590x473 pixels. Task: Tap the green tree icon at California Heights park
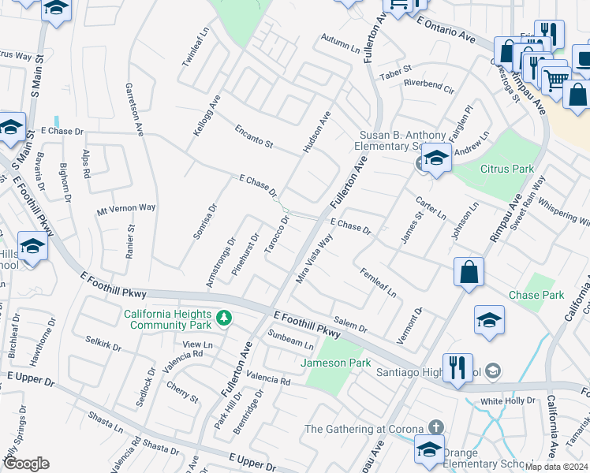tap(225, 318)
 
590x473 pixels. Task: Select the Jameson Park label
tap(335, 363)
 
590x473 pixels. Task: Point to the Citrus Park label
tap(507, 169)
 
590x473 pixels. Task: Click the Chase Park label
tap(536, 296)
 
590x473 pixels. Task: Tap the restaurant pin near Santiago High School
tap(457, 368)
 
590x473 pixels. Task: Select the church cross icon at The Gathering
tap(436, 428)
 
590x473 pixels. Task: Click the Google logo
tap(25, 464)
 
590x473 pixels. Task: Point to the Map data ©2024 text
tap(557, 467)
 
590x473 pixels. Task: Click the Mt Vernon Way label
tap(126, 209)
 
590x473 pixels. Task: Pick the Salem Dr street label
tap(351, 323)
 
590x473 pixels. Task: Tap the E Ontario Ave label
tap(446, 32)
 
